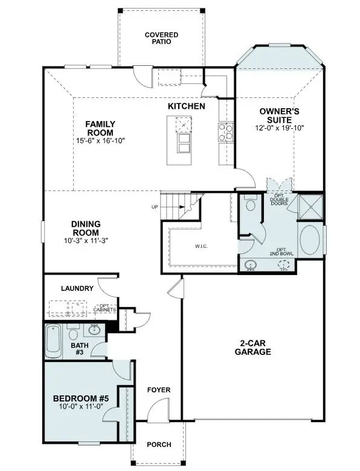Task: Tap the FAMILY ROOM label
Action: pos(100,128)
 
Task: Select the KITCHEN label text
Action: pos(186,106)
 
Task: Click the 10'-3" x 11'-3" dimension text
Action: pos(86,240)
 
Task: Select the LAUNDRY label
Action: pos(77,288)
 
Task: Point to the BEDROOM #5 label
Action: pos(80,398)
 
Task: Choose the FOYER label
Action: pos(159,390)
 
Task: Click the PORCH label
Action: pos(159,444)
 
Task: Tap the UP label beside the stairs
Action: pos(155,207)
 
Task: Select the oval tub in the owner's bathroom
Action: pos(311,241)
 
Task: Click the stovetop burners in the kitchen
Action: pos(222,132)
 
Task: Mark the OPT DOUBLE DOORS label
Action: pos(279,200)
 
